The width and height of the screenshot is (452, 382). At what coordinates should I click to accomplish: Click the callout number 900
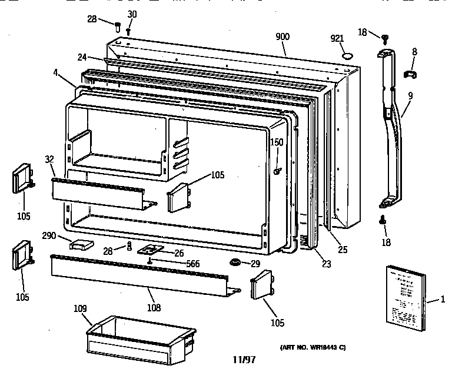(x=282, y=36)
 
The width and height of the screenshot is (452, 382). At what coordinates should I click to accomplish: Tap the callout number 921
(x=337, y=39)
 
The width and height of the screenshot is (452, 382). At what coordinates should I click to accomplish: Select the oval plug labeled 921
(x=348, y=57)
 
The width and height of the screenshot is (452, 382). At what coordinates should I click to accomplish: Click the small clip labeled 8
(x=410, y=74)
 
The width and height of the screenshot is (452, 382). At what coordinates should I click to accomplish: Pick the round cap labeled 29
(x=235, y=261)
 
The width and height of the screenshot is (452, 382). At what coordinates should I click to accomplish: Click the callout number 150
(x=277, y=142)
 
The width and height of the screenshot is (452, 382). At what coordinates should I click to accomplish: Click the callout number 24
(x=81, y=57)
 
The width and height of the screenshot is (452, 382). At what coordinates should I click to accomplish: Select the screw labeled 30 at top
(x=128, y=30)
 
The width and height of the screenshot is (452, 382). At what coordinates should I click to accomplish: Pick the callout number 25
(x=343, y=250)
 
